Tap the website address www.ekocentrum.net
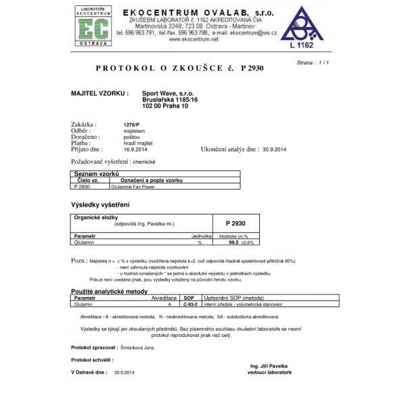click(194, 39)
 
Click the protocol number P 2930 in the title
click(252, 68)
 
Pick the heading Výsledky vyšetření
click(101, 204)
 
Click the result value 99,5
click(234, 242)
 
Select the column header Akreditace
click(164, 298)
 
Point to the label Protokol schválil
click(93, 359)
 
